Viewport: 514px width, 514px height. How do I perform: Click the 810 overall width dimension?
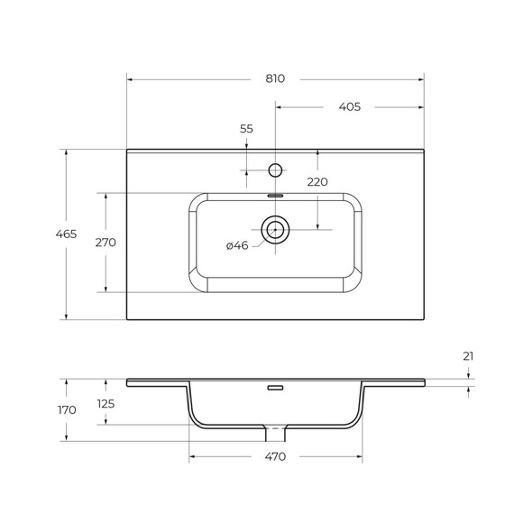tap(275, 79)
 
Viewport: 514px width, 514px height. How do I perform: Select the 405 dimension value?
tap(350, 107)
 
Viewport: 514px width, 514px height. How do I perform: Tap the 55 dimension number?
tap(246, 129)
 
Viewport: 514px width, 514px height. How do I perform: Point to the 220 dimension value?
tap(317, 182)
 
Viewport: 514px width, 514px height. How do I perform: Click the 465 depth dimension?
tap(66, 234)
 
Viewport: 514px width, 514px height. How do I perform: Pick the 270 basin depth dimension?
tap(106, 243)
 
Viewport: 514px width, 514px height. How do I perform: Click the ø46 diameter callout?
tap(237, 245)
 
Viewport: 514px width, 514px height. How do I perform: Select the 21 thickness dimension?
tap(468, 356)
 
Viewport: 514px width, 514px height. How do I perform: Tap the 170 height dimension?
tap(67, 410)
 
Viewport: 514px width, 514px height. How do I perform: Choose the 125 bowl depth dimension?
tap(106, 404)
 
